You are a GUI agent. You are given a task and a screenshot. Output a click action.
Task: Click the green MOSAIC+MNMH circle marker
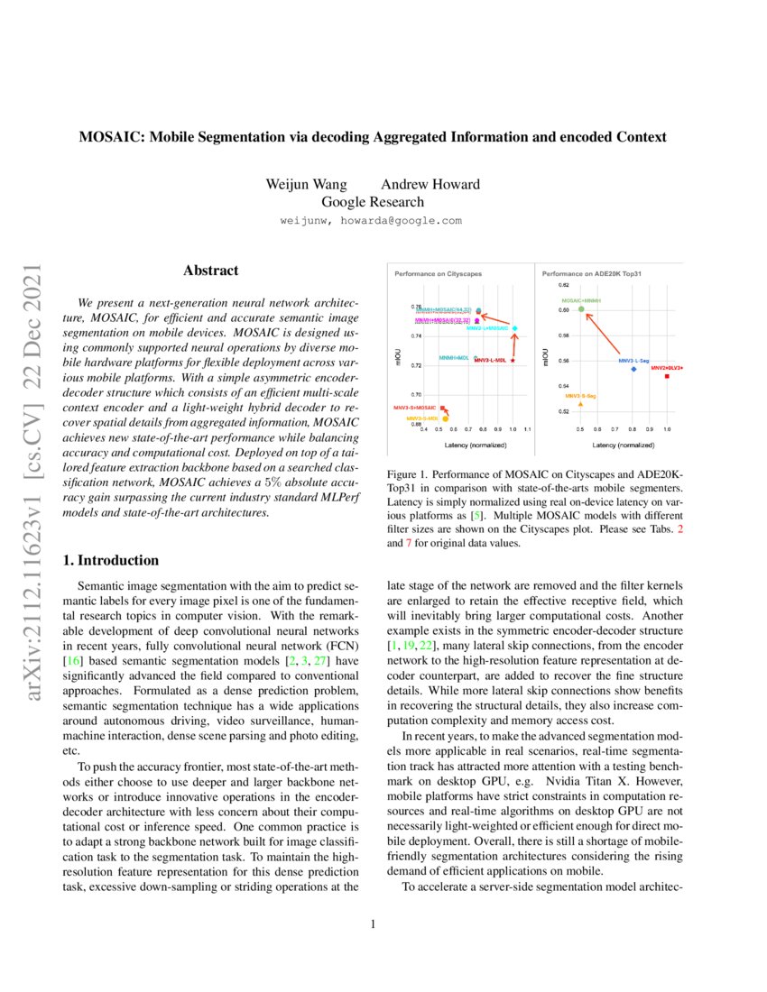(582, 309)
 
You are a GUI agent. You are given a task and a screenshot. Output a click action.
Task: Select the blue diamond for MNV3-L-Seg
(633, 369)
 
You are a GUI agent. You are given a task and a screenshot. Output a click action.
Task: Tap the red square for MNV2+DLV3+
(667, 376)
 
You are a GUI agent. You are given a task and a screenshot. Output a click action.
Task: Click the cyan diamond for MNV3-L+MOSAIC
(514, 328)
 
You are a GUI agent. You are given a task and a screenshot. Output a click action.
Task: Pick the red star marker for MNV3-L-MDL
(513, 360)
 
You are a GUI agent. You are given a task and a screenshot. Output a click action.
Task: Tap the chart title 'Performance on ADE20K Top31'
(591, 272)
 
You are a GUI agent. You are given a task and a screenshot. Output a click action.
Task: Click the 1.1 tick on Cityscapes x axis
(527, 430)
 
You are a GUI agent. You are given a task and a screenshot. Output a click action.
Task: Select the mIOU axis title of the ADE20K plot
(545, 358)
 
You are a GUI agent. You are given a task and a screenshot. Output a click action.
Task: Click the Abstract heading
(210, 270)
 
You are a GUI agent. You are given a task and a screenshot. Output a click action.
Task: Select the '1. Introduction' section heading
(109, 560)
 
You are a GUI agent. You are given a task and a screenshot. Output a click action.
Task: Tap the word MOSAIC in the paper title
(109, 137)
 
